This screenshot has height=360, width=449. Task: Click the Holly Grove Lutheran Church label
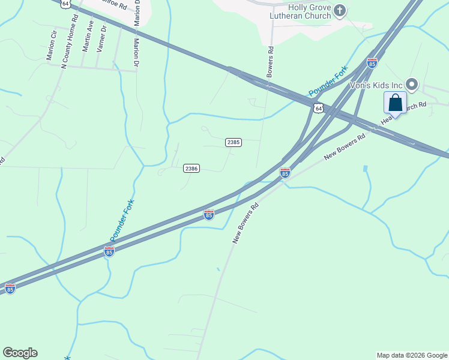[x=309, y=11]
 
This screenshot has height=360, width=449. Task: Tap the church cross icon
[x=340, y=10]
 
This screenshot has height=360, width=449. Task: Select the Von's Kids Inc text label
[x=377, y=84]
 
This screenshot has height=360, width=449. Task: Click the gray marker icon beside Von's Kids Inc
[x=412, y=84]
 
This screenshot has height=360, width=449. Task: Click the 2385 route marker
[x=234, y=142]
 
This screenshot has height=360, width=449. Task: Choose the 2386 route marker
[x=191, y=169]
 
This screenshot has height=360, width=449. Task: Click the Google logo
[x=20, y=353]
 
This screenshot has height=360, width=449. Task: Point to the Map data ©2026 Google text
[x=412, y=355]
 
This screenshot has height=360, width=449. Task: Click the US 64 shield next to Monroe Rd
[x=65, y=3]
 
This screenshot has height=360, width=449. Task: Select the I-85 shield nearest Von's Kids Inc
[x=372, y=62]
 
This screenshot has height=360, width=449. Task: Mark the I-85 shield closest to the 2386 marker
[x=208, y=214]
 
